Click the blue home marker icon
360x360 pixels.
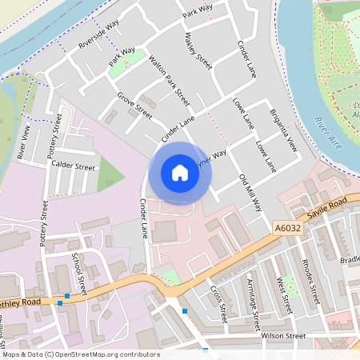(180, 173)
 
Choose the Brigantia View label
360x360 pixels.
(283, 129)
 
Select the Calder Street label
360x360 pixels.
(73, 167)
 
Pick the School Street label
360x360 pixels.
(78, 271)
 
